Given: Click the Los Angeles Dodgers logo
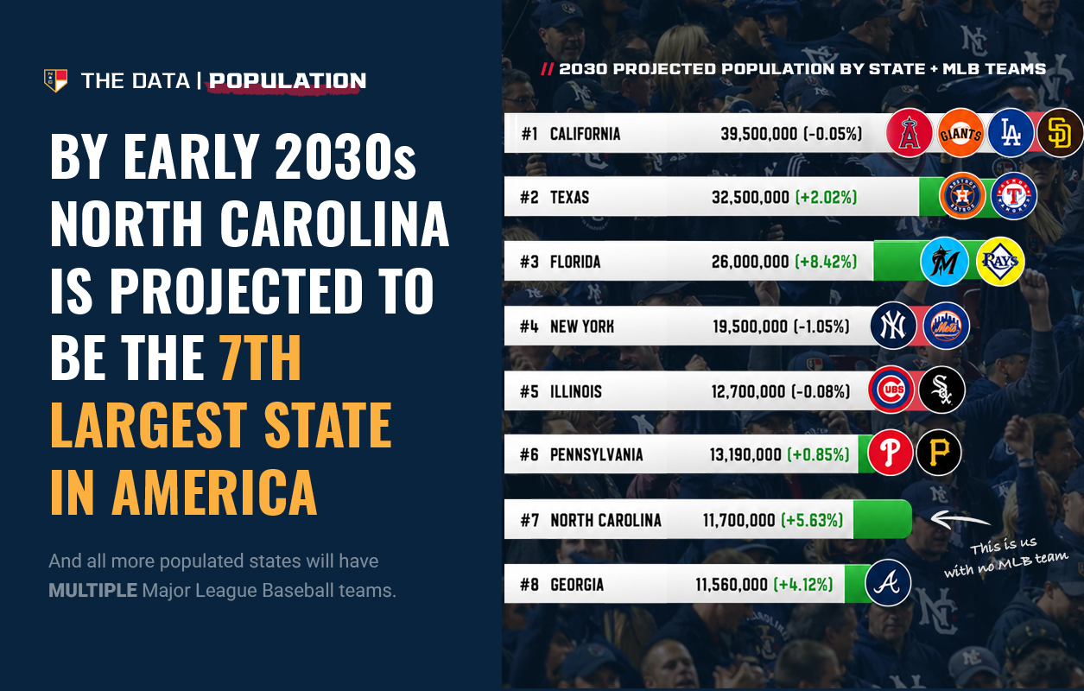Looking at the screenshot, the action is click(1011, 133).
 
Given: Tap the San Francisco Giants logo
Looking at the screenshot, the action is click(960, 133).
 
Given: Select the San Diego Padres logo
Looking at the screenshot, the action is click(1061, 133).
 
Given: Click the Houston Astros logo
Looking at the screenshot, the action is click(962, 196).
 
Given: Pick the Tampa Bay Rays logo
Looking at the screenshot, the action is click(1000, 262).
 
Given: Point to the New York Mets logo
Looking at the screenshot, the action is click(946, 326).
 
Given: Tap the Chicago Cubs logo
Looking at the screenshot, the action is click(891, 390).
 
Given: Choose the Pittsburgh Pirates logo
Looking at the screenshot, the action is click(939, 453).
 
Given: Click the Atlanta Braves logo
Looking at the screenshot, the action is click(888, 583).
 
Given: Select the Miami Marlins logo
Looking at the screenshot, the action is click(944, 262).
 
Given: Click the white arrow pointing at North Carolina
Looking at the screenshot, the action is click(960, 520).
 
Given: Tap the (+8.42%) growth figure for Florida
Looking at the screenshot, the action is click(826, 262).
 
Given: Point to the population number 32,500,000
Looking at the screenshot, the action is click(751, 198).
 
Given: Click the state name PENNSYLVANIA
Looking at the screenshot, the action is click(597, 455).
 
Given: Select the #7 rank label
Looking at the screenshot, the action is click(529, 520).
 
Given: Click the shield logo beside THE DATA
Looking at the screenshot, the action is click(55, 80).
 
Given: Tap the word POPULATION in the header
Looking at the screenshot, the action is click(288, 81).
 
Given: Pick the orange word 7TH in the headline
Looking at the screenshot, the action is click(260, 358).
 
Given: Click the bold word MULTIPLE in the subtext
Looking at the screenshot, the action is click(93, 590).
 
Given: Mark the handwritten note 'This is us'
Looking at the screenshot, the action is click(1003, 546).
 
